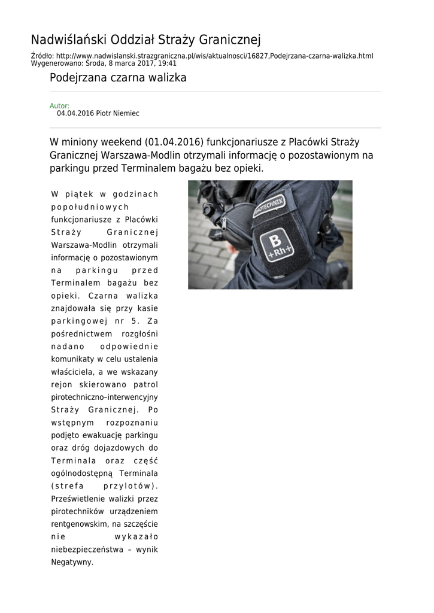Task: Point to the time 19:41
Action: click(x=168, y=63)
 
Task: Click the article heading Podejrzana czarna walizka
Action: click(x=118, y=78)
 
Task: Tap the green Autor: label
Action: click(x=59, y=106)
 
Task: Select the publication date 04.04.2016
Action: click(x=75, y=113)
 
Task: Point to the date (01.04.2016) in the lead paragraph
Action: click(x=174, y=142)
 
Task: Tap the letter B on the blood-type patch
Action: click(x=275, y=241)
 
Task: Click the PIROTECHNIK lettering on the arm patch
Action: click(x=269, y=207)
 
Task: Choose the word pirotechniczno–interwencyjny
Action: click(x=105, y=396)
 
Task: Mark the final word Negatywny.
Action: click(x=72, y=562)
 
